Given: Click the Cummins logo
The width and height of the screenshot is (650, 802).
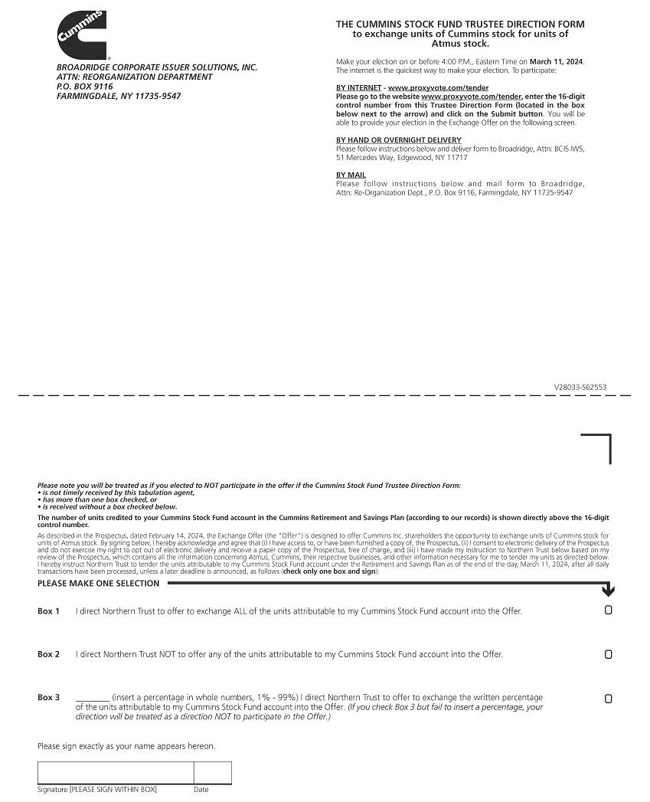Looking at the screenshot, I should point(82,35).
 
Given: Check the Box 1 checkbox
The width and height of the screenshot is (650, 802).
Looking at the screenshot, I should point(609,611).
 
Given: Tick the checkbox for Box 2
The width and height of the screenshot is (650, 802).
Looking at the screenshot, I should point(609,654).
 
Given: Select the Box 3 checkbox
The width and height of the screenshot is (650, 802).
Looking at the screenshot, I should point(609,699).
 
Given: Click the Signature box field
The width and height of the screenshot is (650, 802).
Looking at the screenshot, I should point(116,773).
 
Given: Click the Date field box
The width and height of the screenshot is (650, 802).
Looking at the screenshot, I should point(212,773).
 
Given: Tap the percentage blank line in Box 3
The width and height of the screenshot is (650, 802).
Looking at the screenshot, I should point(93,698).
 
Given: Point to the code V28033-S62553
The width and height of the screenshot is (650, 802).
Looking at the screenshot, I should point(580,388).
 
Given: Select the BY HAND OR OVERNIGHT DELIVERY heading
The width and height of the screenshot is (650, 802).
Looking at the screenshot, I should point(399,140).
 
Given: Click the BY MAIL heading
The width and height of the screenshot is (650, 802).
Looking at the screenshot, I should point(351,175).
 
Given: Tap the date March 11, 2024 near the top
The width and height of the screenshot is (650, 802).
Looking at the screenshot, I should point(557,61).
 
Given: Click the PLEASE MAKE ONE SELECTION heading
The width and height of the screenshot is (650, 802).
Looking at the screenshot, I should point(99,584).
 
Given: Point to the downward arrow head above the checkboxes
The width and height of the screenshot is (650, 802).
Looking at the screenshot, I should point(609,591).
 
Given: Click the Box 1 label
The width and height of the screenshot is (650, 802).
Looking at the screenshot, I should point(48,611).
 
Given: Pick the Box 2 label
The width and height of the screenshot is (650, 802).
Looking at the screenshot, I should point(48,655).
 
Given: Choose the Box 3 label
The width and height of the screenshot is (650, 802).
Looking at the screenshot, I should point(48,698).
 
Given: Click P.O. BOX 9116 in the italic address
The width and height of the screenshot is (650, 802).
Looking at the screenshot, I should point(85,87).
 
